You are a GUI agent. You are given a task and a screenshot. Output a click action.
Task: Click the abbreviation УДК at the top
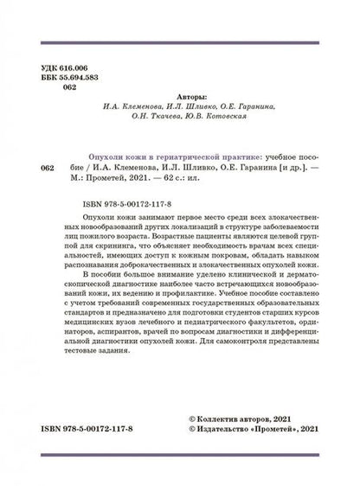point(52,67)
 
